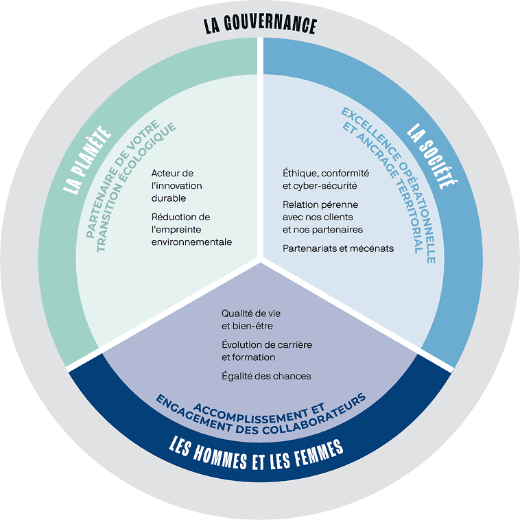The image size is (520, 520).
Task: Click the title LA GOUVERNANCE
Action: point(260,26)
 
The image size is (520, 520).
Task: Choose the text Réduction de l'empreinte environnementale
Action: point(192,229)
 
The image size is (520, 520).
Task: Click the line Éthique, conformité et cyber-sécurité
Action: point(326,179)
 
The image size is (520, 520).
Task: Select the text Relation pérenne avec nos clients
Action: point(322,217)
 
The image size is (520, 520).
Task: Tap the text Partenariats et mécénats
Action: point(338,248)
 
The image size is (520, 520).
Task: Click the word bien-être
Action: point(254,325)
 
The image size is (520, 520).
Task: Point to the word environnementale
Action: point(192,241)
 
